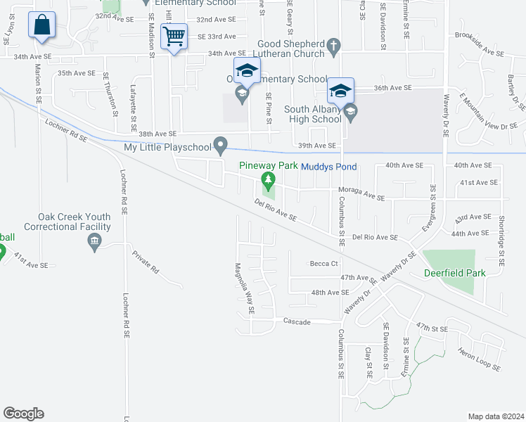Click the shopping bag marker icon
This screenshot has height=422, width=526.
click(42, 25)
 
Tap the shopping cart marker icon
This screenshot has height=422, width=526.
click(173, 36)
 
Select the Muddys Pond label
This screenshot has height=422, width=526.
click(329, 167)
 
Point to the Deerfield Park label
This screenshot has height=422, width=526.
click(450, 273)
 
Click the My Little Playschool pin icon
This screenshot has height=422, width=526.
click(221, 147)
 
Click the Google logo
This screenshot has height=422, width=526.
click(23, 414)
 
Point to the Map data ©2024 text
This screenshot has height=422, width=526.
click(496, 416)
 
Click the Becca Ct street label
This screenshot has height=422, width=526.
click(324, 264)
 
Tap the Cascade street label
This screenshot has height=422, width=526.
click(297, 321)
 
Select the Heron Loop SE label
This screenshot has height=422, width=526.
click(477, 359)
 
